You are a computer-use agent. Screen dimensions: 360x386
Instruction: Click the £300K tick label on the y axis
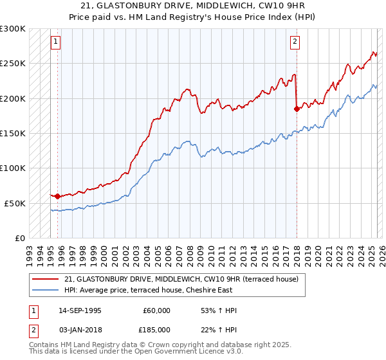click(x=13, y=29)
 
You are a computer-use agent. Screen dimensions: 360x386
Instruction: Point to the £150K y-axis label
click(x=13, y=134)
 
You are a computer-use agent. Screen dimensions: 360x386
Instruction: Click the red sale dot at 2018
click(x=297, y=109)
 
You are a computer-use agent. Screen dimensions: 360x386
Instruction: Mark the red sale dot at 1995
click(x=58, y=196)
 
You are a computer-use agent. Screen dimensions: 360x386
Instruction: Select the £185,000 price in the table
click(x=156, y=329)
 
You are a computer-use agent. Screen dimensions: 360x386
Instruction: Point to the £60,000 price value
click(x=156, y=310)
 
